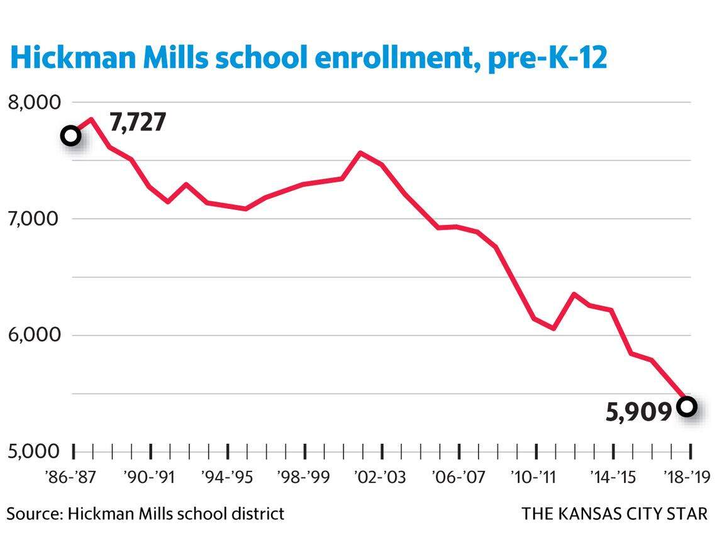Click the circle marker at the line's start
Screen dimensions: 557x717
tap(71, 135)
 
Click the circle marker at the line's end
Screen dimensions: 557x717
tap(687, 406)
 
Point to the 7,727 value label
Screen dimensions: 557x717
tap(138, 122)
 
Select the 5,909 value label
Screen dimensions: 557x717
tap(639, 412)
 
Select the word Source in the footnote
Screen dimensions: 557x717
tap(33, 514)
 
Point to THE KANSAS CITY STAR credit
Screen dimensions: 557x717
tap(614, 514)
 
